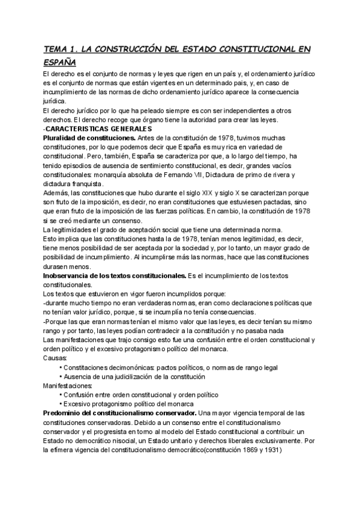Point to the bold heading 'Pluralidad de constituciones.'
[x=89, y=138]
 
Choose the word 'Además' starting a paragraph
[x=57, y=193]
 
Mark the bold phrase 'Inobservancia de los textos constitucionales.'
[x=113, y=275]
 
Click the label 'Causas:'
[x=55, y=357]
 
